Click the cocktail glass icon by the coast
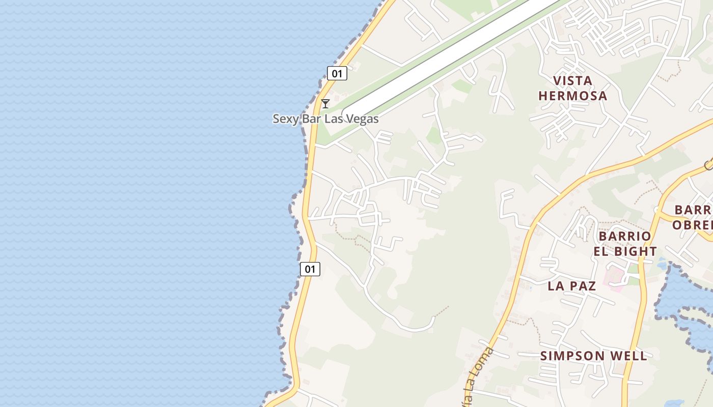click(x=325, y=104)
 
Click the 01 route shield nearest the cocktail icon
click(x=337, y=74)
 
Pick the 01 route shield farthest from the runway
click(x=310, y=269)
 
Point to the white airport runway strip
click(x=448, y=56)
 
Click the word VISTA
click(x=572, y=81)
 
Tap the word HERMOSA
click(x=572, y=96)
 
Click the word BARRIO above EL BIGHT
click(x=625, y=236)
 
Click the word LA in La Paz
click(x=556, y=286)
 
